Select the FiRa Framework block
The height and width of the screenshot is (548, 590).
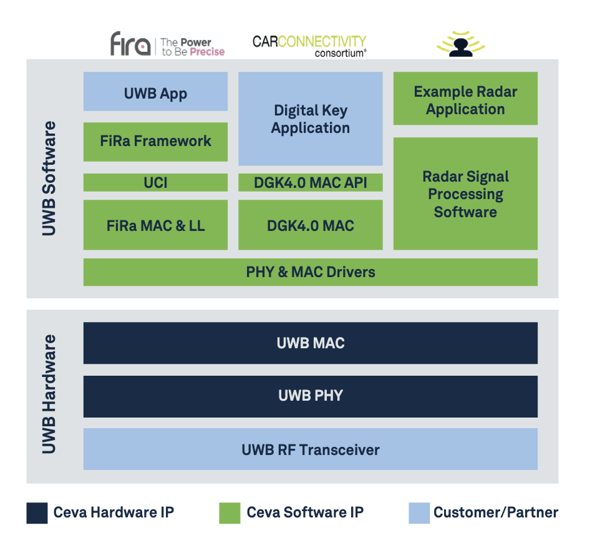tap(155, 142)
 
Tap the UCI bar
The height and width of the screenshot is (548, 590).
tap(155, 182)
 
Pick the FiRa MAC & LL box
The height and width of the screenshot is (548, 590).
tap(155, 225)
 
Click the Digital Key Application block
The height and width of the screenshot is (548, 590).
tap(311, 119)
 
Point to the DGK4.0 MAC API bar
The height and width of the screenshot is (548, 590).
tap(311, 182)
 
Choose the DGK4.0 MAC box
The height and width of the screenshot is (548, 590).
tap(311, 225)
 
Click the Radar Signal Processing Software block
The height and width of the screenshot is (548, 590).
tap(465, 193)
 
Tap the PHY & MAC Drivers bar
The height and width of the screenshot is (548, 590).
tap(311, 272)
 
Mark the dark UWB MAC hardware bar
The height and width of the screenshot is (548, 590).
tap(311, 343)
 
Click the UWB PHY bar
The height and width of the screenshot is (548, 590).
tap(311, 396)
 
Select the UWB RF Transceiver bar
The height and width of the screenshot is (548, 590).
tap(311, 449)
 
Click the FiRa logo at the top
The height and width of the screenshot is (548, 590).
tap(131, 44)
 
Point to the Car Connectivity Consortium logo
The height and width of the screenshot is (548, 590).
tap(309, 46)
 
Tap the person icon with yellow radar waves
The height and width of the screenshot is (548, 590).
tap(460, 44)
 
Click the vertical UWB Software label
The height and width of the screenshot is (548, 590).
tap(49, 179)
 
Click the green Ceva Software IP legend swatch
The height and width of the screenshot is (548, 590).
tap(230, 513)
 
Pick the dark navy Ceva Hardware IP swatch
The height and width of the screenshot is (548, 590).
tap(37, 513)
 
